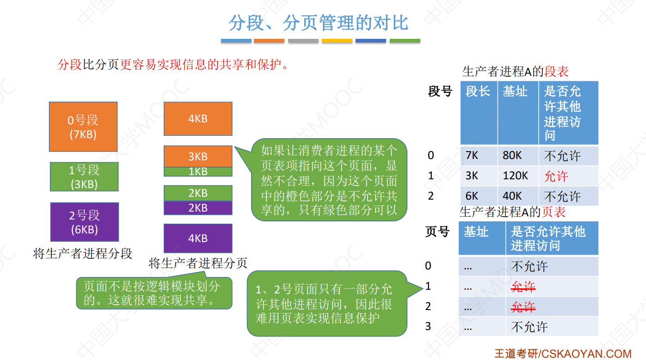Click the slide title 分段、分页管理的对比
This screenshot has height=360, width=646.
(x=319, y=23)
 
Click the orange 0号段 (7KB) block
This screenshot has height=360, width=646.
(x=83, y=127)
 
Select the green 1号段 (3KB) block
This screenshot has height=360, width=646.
(x=84, y=177)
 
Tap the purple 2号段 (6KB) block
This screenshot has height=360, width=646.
(x=84, y=222)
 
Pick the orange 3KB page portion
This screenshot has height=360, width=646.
(x=198, y=156)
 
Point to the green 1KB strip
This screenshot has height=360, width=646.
(x=198, y=171)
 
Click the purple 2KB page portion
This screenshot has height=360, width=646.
(x=198, y=208)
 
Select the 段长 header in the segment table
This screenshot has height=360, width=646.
(x=478, y=91)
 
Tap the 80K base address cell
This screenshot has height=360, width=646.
(x=512, y=156)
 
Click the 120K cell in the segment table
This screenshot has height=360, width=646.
(x=516, y=176)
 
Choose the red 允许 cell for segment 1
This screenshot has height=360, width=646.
(x=556, y=176)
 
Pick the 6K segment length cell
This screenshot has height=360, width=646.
(x=472, y=196)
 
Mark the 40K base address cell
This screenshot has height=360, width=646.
(x=512, y=196)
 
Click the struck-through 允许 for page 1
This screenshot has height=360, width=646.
(x=523, y=287)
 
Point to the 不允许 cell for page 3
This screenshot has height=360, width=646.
(x=529, y=327)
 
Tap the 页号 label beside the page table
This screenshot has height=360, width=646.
(x=437, y=231)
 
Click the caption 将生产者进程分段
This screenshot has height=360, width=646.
(x=83, y=253)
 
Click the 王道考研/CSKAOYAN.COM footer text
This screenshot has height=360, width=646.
(x=563, y=354)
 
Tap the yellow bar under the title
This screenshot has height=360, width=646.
(x=337, y=41)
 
